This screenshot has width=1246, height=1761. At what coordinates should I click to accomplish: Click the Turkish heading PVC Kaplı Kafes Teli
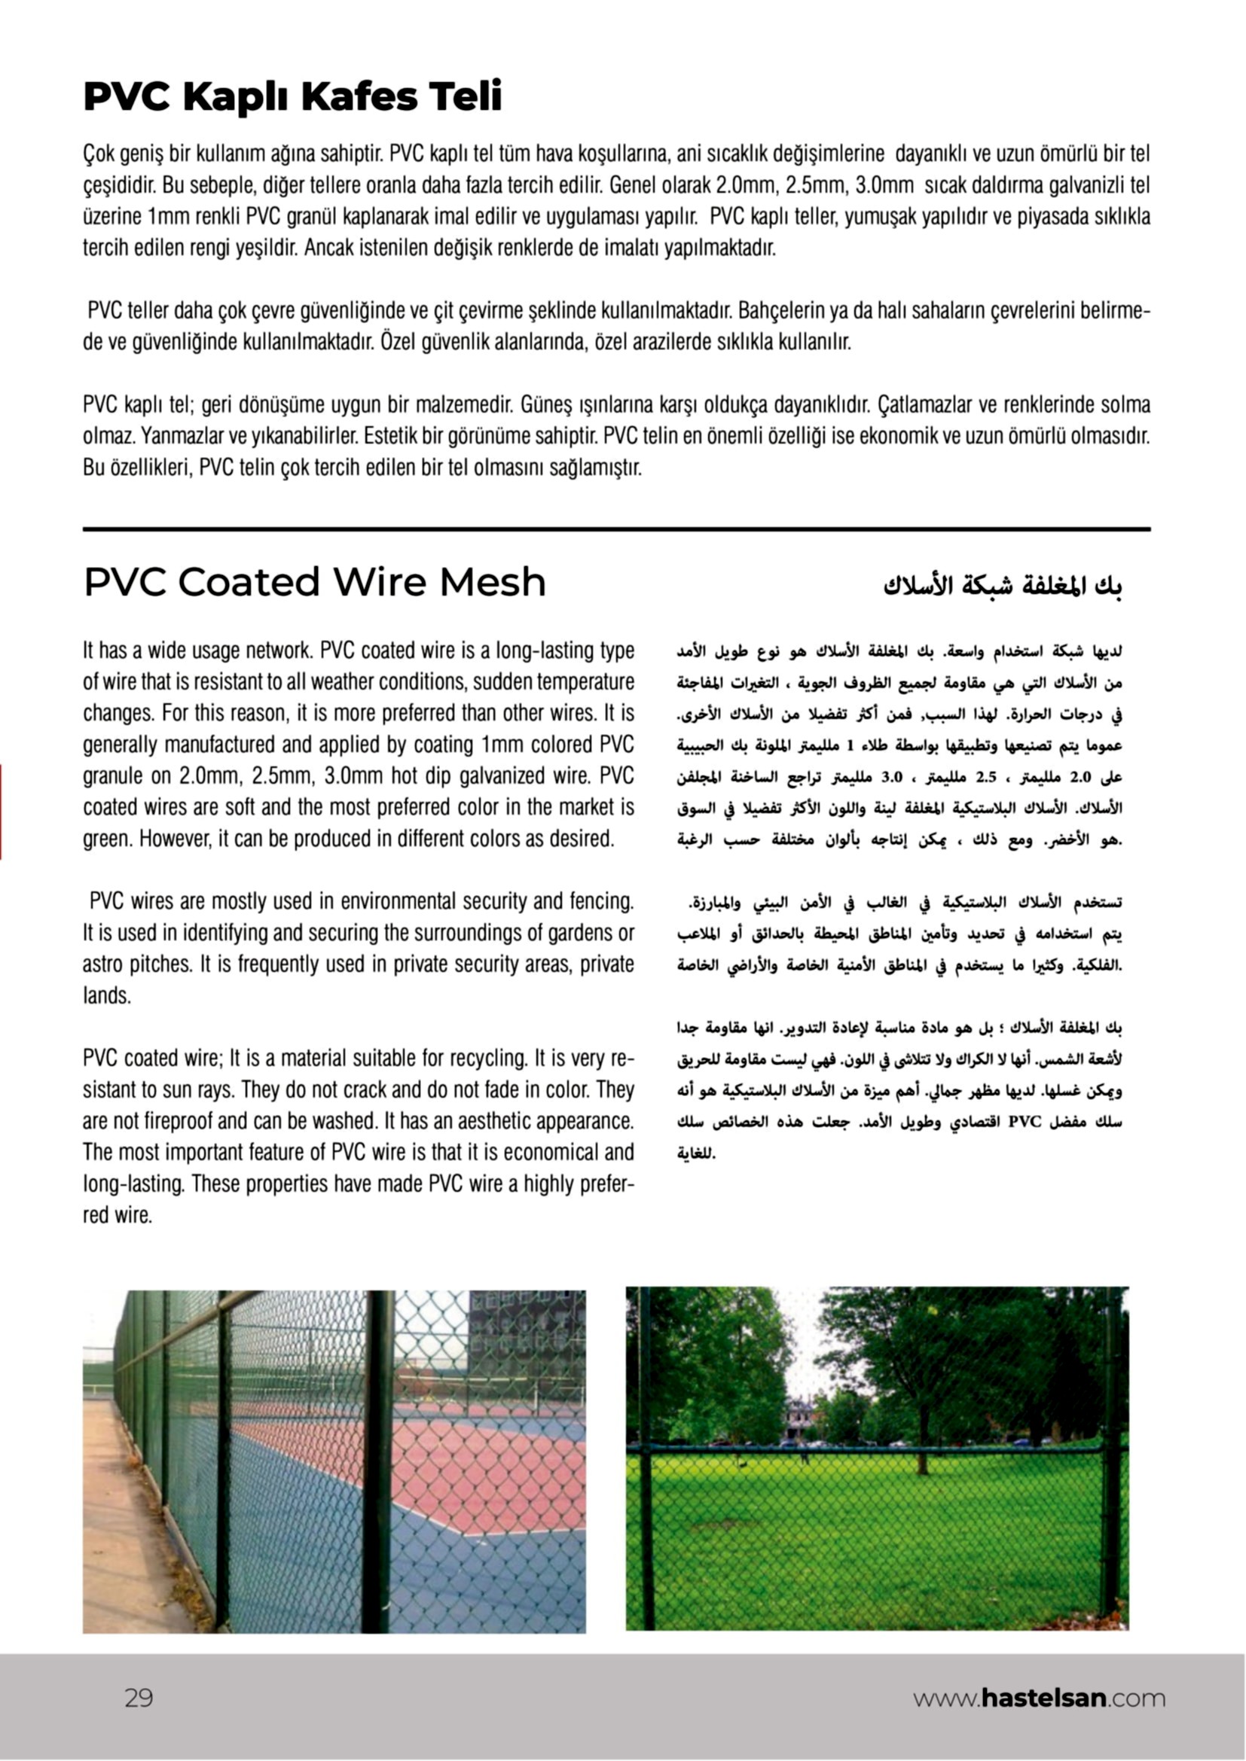pyautogui.click(x=292, y=97)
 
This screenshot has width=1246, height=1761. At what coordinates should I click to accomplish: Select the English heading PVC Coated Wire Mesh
pyautogui.click(x=315, y=582)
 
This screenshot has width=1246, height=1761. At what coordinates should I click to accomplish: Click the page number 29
pyautogui.click(x=139, y=1699)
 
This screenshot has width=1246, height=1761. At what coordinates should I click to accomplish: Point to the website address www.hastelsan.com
pyautogui.click(x=1039, y=1699)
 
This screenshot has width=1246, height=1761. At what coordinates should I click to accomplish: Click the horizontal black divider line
pyautogui.click(x=616, y=529)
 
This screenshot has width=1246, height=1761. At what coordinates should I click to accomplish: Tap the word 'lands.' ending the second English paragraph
pyautogui.click(x=107, y=996)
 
